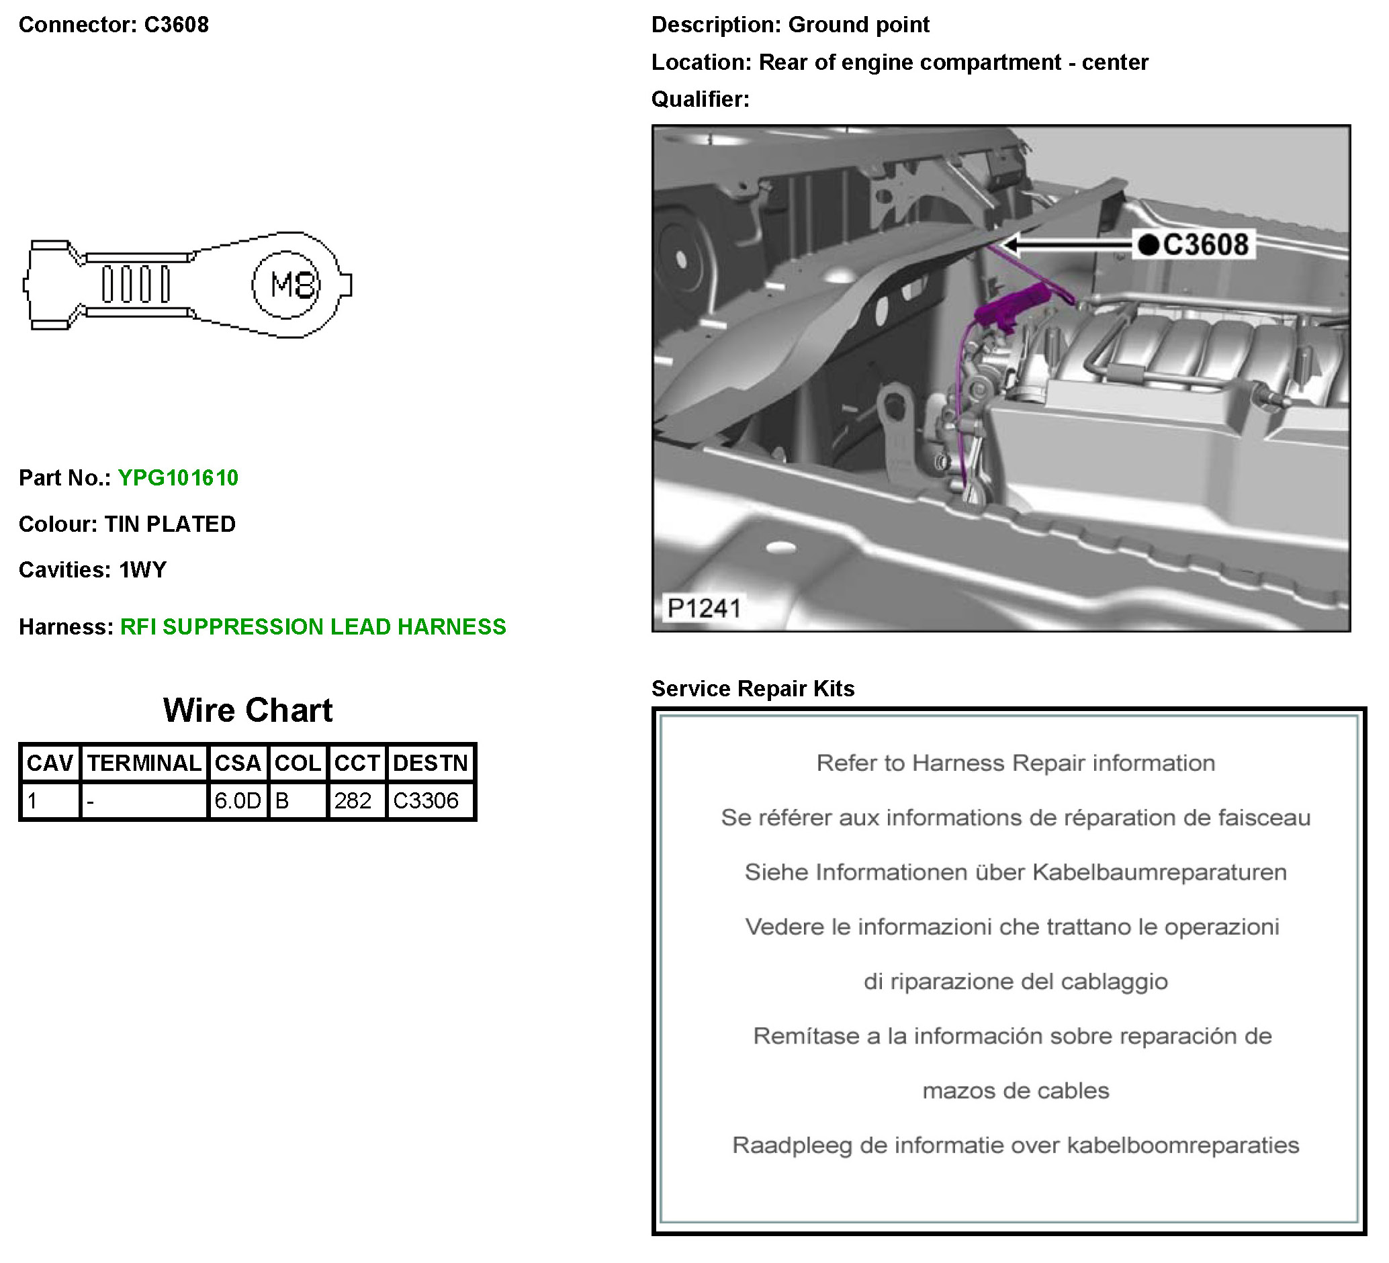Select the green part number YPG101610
click(x=179, y=478)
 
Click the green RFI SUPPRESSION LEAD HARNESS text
click(x=314, y=626)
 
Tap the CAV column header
click(x=50, y=763)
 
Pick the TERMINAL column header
click(x=144, y=763)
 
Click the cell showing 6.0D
click(x=238, y=800)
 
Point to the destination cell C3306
click(x=431, y=800)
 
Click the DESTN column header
click(x=431, y=763)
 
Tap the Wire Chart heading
click(x=248, y=710)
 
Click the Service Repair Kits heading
click(x=753, y=689)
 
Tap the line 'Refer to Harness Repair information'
click(x=1016, y=763)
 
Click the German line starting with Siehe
click(x=1016, y=872)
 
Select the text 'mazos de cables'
click(x=1016, y=1091)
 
